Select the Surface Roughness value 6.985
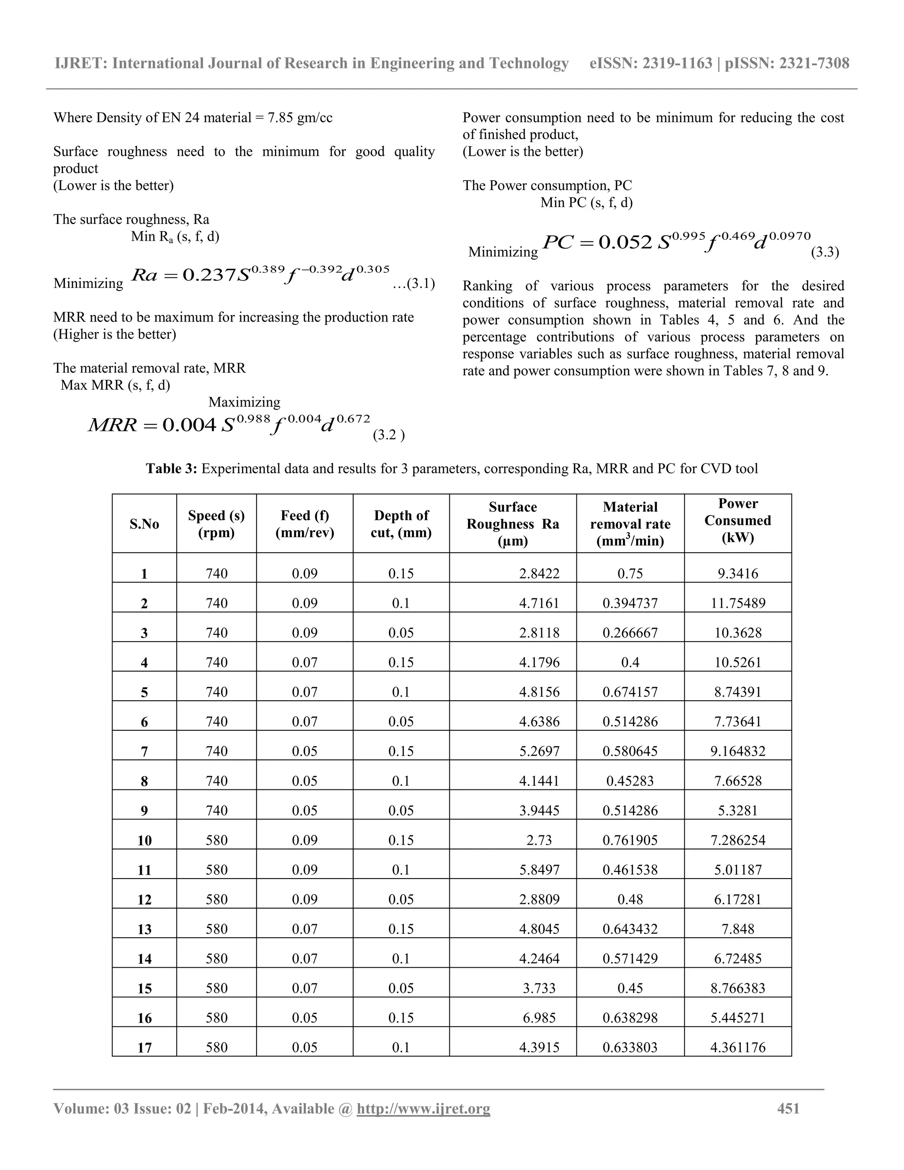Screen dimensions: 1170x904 pos(539,1018)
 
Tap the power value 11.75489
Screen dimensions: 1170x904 pos(738,603)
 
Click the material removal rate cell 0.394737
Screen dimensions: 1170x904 pos(630,603)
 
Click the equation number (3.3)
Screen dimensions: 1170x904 pos(825,252)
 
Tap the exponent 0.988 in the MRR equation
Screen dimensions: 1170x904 pos(253,419)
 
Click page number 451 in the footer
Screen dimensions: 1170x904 pos(788,1108)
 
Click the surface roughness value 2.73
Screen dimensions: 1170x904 pos(539,840)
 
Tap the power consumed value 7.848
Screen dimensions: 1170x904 pos(738,929)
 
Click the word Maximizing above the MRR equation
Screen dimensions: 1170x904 pos(244,402)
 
